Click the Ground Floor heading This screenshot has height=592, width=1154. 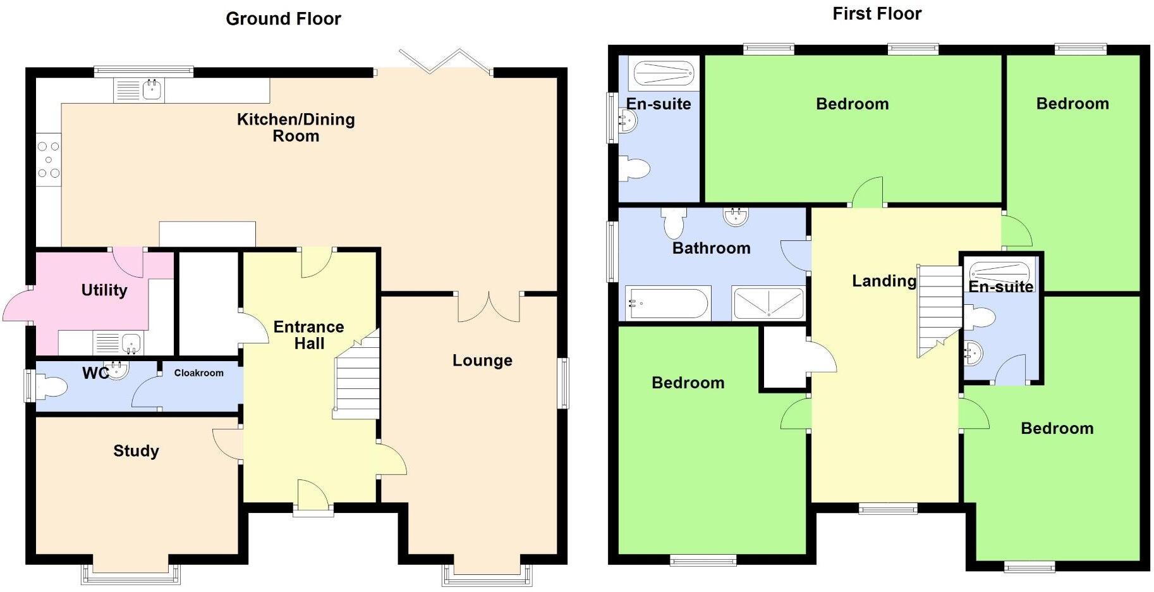tap(283, 19)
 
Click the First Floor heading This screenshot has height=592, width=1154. tap(877, 14)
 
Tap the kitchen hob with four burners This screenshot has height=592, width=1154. tap(49, 159)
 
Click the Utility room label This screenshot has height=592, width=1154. tap(104, 290)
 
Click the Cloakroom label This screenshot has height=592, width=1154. tap(198, 373)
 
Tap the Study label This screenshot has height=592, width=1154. tap(136, 451)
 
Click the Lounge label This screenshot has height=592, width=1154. tap(482, 361)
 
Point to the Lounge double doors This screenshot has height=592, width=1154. tap(489, 307)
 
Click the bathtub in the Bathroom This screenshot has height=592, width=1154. tap(667, 304)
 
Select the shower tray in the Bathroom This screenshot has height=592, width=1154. tap(768, 304)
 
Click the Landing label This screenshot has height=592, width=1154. tap(884, 281)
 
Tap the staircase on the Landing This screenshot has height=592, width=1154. tap(939, 310)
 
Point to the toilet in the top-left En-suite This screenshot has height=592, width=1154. tap(635, 169)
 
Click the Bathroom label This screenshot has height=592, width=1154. tap(711, 248)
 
